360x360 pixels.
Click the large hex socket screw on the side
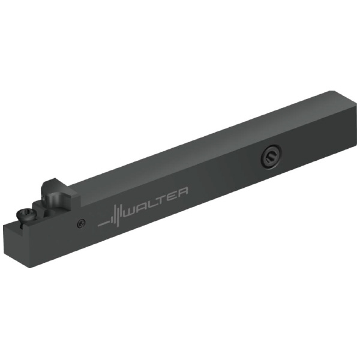(271, 157)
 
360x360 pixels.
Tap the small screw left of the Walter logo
(81, 223)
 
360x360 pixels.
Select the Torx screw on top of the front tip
(26, 216)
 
